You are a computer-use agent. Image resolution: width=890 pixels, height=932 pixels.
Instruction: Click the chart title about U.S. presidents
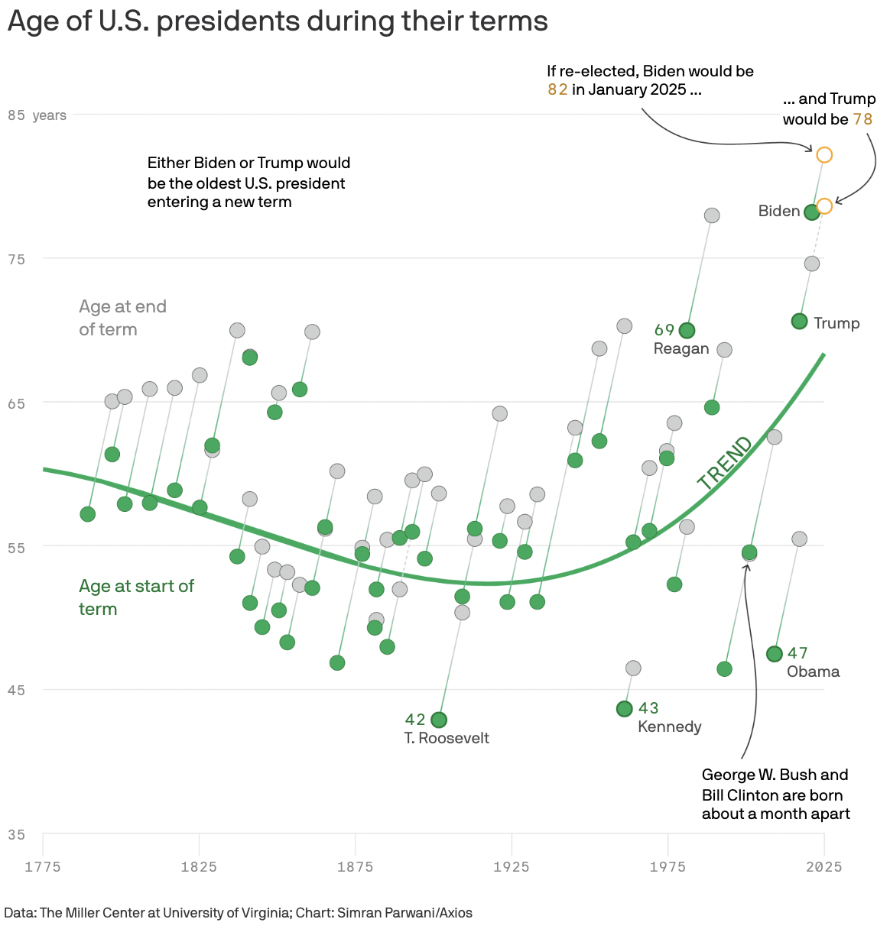coord(278,21)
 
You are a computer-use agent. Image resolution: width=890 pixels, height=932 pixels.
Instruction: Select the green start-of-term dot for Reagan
coord(687,331)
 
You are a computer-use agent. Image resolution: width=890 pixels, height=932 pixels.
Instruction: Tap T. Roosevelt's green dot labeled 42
coord(439,720)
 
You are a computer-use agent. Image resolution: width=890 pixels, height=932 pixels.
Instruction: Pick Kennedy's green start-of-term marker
coord(624,709)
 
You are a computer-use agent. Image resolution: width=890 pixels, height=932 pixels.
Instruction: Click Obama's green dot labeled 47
coord(774,654)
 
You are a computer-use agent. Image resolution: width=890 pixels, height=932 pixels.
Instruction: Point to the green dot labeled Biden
coord(812,212)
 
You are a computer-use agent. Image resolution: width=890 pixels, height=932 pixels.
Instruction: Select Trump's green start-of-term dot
coord(799,322)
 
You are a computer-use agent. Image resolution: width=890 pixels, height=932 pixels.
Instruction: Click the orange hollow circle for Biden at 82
coord(824,155)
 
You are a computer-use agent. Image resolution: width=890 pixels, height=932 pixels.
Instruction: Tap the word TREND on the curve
coord(725,463)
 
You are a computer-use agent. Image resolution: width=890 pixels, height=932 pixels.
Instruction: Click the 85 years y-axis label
coord(37,115)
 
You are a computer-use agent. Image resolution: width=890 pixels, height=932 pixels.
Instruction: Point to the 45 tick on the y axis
coord(16,691)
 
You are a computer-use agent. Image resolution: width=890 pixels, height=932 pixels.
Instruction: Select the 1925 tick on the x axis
coord(511,866)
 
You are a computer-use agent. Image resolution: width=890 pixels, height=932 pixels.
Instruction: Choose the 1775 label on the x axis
coord(43,866)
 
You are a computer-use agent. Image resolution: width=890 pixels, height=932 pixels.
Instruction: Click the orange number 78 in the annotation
coord(862,119)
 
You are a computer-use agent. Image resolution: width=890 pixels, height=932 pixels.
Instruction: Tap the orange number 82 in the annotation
coord(557,90)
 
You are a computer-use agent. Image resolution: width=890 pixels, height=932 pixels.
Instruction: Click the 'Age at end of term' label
coord(122,318)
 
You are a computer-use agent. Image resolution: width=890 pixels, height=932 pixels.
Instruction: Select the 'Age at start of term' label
coord(136,597)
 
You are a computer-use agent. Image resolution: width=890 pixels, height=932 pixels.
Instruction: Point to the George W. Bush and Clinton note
coord(775,794)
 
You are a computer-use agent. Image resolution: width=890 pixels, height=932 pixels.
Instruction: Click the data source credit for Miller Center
coord(238,913)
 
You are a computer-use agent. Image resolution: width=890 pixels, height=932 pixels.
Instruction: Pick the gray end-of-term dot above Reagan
coord(712,215)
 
